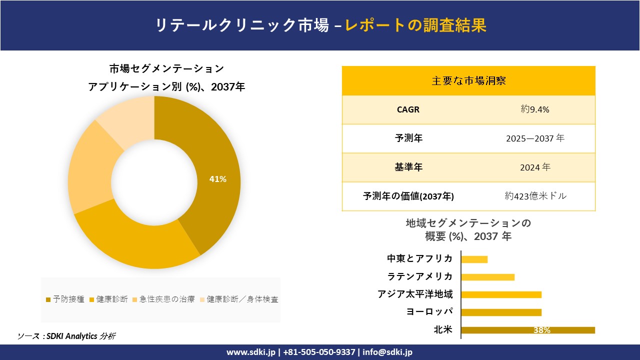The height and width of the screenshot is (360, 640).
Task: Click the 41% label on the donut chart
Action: (x=217, y=179)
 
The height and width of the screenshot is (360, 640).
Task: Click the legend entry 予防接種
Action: (x=65, y=299)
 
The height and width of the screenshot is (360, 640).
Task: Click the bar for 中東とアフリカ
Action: (x=474, y=259)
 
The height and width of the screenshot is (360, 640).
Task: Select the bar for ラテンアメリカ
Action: (x=487, y=277)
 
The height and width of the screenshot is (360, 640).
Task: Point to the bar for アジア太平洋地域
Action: (x=501, y=294)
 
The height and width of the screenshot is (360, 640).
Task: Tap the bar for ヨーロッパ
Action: (x=501, y=312)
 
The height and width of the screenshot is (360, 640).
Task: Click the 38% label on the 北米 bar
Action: (x=541, y=330)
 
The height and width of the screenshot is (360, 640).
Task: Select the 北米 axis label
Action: (x=443, y=330)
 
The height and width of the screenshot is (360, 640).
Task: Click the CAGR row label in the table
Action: (x=408, y=109)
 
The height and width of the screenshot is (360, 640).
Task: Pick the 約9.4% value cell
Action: (x=534, y=109)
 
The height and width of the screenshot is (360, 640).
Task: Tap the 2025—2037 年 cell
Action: (x=534, y=138)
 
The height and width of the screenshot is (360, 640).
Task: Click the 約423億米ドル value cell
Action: (x=535, y=196)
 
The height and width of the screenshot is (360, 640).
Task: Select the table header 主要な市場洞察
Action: (x=468, y=80)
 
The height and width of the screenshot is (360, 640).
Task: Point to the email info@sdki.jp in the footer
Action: (x=387, y=352)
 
